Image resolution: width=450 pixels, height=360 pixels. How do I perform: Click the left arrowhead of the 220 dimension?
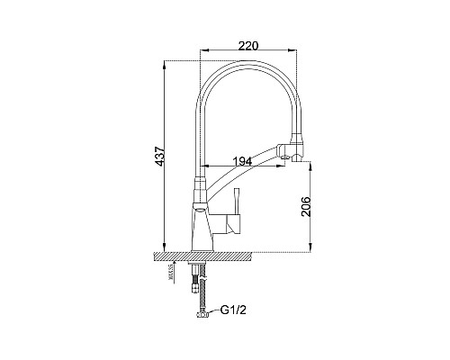(200, 50)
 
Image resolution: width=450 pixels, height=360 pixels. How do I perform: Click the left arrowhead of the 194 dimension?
(202, 167)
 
